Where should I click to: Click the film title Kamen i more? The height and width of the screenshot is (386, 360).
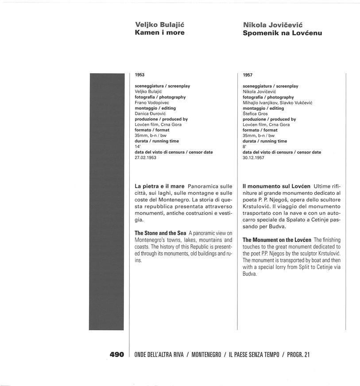point(159,32)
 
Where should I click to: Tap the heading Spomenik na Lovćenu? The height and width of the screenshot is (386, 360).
point(282,33)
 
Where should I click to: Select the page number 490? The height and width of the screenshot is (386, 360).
point(116,355)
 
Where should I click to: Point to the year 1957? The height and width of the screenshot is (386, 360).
point(248,75)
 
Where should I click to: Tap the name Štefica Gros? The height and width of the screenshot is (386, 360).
point(255,114)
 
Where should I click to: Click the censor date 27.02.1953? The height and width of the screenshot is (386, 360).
point(146,157)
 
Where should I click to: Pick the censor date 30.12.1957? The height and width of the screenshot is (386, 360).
point(254,158)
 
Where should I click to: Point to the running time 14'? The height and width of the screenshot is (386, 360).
point(137,146)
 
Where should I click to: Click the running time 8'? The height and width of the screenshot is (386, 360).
point(244,147)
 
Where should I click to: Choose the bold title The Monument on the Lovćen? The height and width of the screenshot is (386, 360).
point(277,239)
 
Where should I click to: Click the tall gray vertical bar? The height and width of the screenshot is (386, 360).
point(107,201)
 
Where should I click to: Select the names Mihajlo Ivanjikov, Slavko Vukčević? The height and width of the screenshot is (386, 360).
point(278,103)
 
